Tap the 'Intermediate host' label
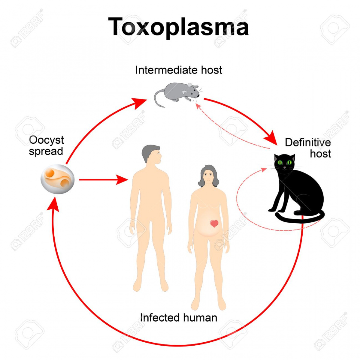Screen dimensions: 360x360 click(x=179, y=70)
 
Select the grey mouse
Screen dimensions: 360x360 click(x=177, y=94)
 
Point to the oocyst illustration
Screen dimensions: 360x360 click(x=57, y=179)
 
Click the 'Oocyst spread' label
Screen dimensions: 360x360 click(x=46, y=146)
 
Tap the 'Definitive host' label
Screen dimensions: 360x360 click(x=308, y=148)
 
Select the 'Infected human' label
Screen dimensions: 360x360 click(x=179, y=317)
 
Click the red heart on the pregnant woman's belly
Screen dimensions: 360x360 click(x=214, y=223)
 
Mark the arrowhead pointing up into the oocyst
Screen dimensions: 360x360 click(x=53, y=204)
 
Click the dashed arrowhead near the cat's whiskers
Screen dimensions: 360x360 click(x=264, y=169)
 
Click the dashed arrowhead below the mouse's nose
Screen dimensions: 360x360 click(x=198, y=106)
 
